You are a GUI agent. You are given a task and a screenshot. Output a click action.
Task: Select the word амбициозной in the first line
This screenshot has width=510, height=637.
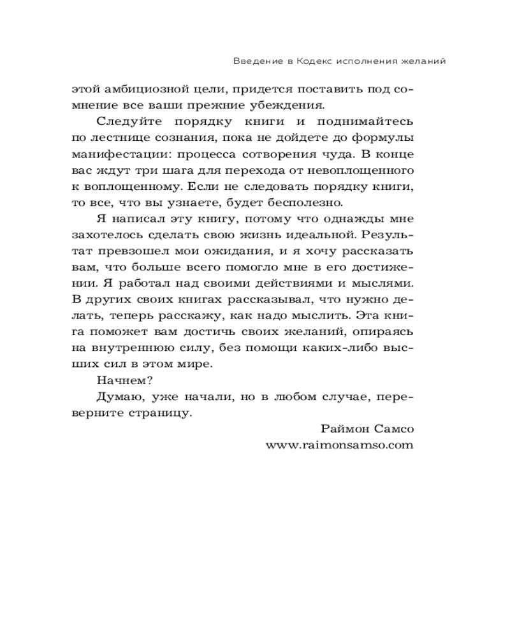pos(159,87)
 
